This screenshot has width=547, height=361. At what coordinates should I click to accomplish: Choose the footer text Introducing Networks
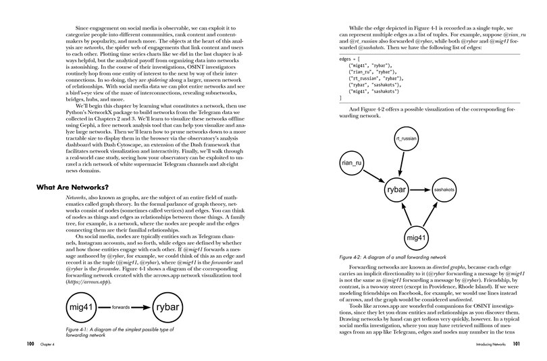[481, 343]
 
